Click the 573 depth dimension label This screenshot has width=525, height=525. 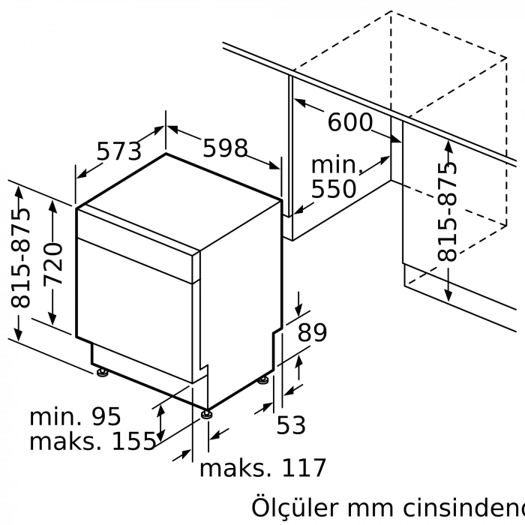(119, 151)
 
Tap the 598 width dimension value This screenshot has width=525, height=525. (226, 148)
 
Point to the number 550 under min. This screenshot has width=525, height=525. (334, 188)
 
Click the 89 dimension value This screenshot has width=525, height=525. (312, 332)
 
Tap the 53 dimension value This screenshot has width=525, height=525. (291, 425)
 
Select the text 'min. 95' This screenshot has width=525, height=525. (75, 416)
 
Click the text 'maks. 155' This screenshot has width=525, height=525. (91, 442)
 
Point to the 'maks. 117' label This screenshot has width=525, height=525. (262, 469)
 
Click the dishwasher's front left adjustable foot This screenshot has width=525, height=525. (101, 371)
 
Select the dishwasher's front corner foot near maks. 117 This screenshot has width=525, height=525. (206, 412)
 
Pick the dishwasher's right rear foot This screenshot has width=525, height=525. (263, 380)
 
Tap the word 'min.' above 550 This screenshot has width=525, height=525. (337, 164)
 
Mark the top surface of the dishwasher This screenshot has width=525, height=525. (180, 199)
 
